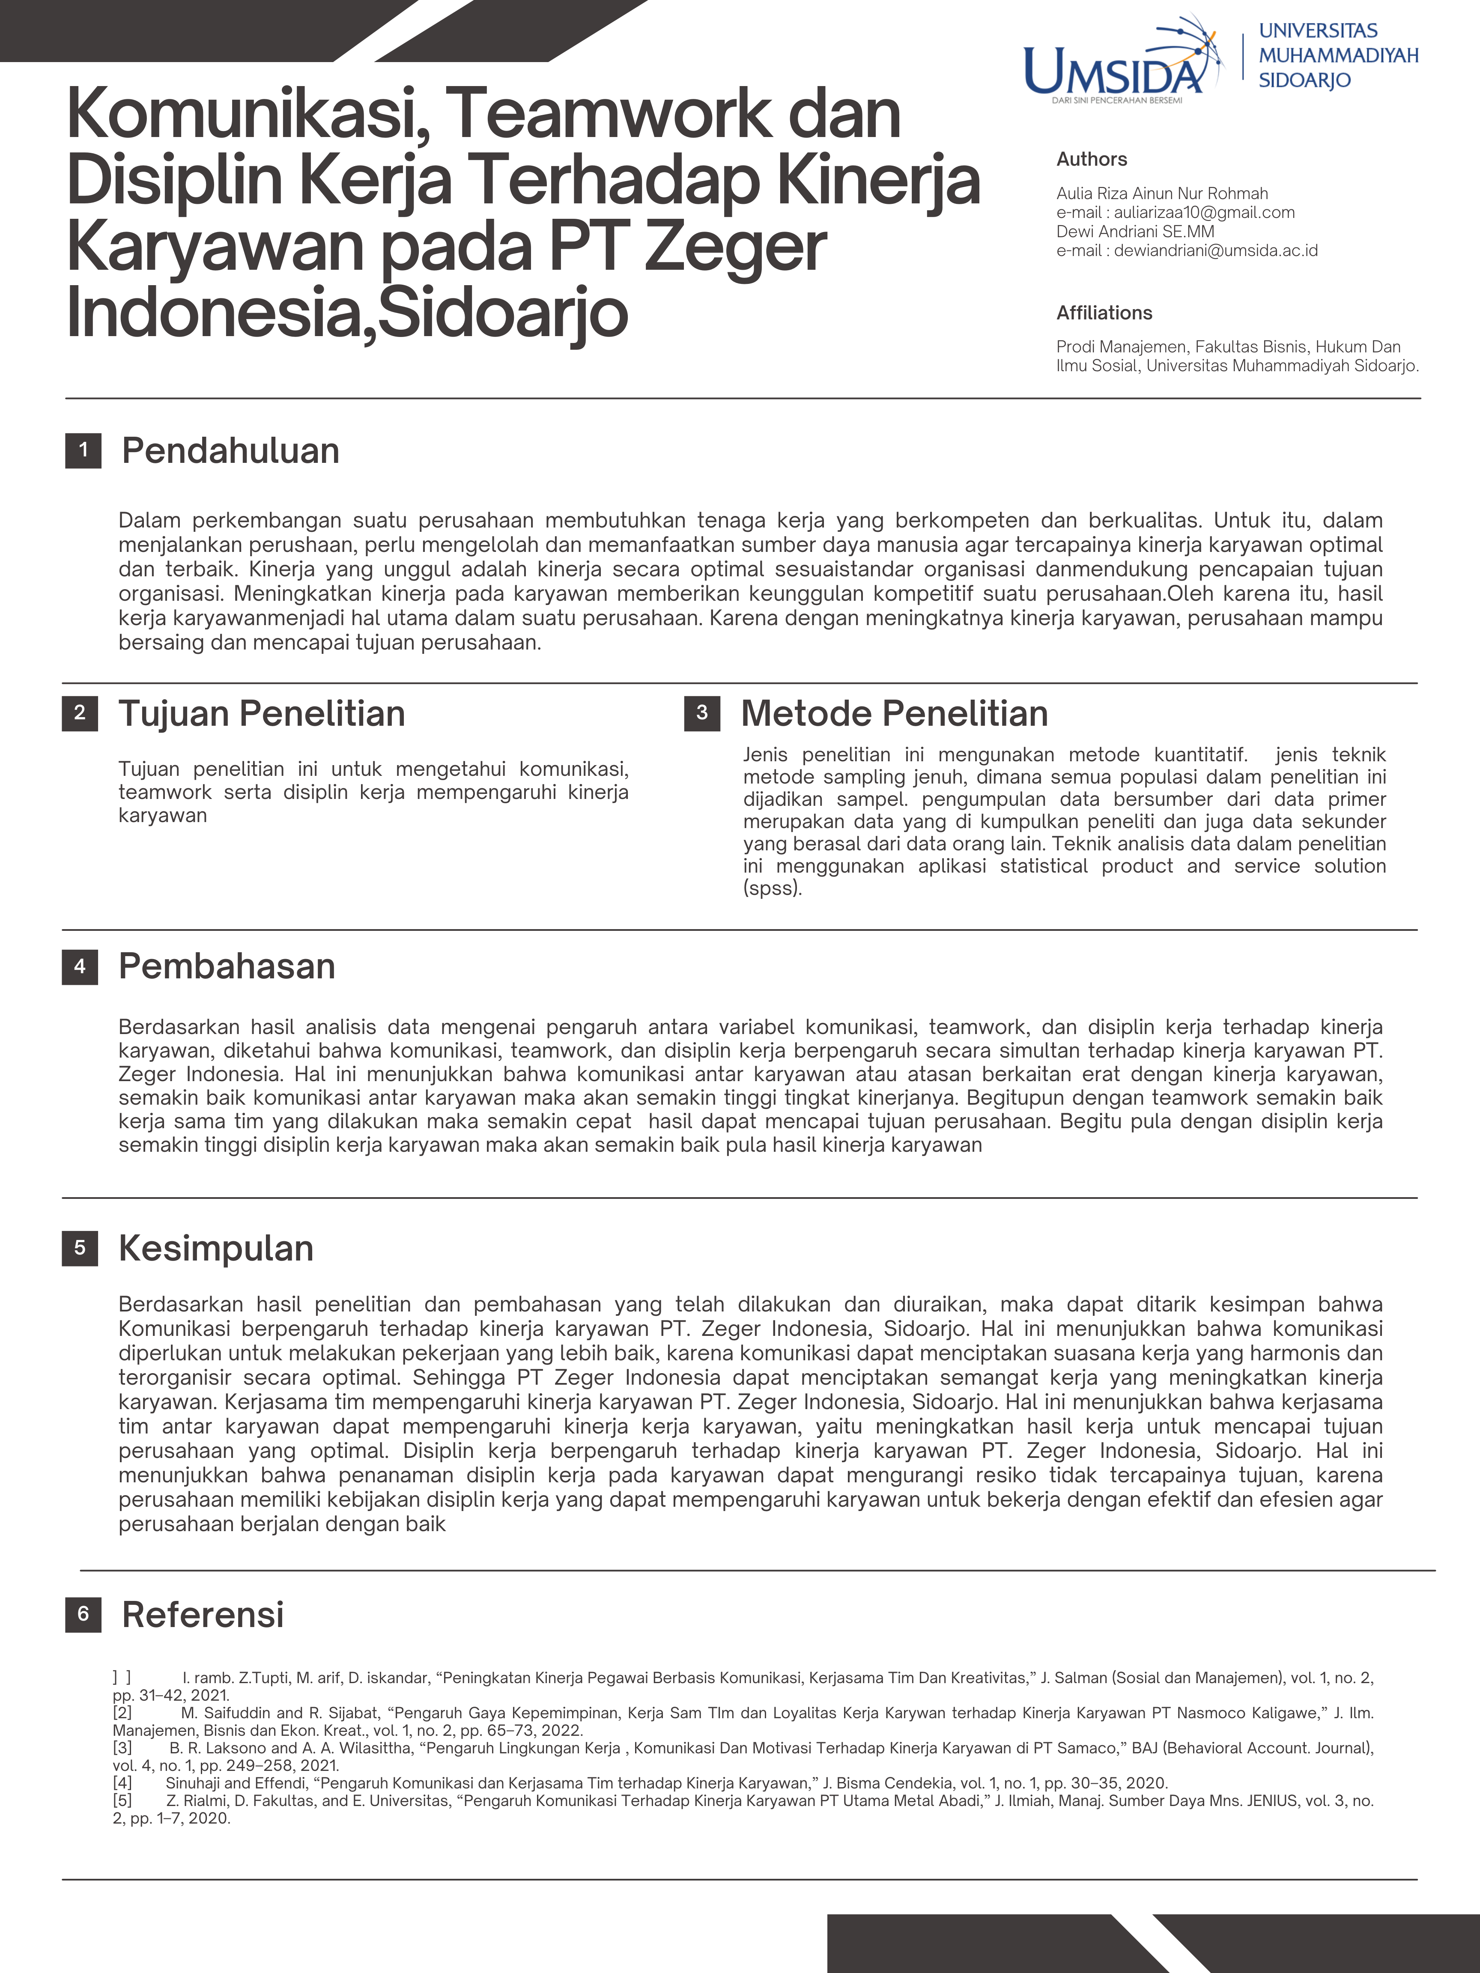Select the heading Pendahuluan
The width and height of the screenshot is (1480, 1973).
[230, 450]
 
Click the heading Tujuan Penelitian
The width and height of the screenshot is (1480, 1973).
[261, 714]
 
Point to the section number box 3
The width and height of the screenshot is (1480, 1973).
[702, 712]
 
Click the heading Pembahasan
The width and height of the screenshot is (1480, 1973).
[227, 966]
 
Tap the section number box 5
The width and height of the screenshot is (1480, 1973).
[79, 1248]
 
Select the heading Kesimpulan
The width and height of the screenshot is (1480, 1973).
[216, 1248]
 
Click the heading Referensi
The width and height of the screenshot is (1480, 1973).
[203, 1615]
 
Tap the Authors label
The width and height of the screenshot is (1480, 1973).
[1091, 159]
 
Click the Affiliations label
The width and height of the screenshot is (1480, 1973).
[1104, 313]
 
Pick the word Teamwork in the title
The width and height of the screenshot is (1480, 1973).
[607, 114]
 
